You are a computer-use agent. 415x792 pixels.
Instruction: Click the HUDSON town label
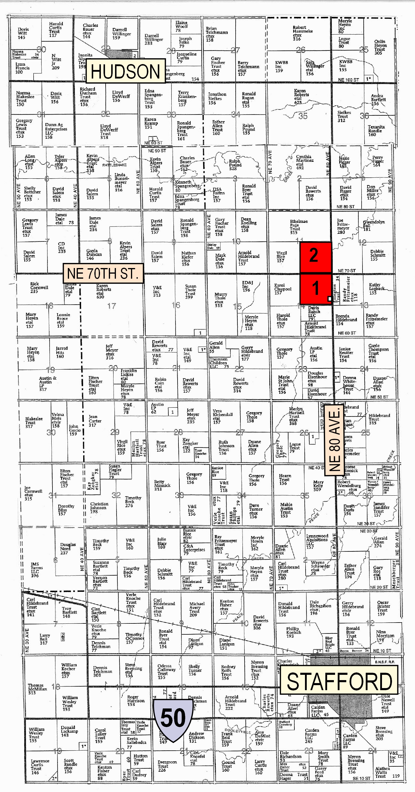[x=125, y=71]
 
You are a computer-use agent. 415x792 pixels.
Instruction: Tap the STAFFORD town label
[x=339, y=681]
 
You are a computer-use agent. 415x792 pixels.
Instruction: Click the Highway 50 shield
[x=173, y=718]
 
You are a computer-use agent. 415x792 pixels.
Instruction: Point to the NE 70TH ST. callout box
[x=103, y=273]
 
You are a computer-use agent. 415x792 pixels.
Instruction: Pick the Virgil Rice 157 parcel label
[x=281, y=257]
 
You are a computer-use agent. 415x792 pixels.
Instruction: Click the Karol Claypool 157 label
[x=282, y=289]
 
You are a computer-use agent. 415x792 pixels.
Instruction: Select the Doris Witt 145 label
[x=22, y=33]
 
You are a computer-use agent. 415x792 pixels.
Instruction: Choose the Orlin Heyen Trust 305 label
[x=380, y=47]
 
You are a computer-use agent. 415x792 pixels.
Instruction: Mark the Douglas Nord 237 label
[x=67, y=548]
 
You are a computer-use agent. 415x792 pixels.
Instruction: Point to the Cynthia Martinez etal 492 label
[x=304, y=162]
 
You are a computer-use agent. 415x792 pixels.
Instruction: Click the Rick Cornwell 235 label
[x=38, y=288]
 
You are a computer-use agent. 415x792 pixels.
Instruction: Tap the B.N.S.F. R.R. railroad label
[x=385, y=662]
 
